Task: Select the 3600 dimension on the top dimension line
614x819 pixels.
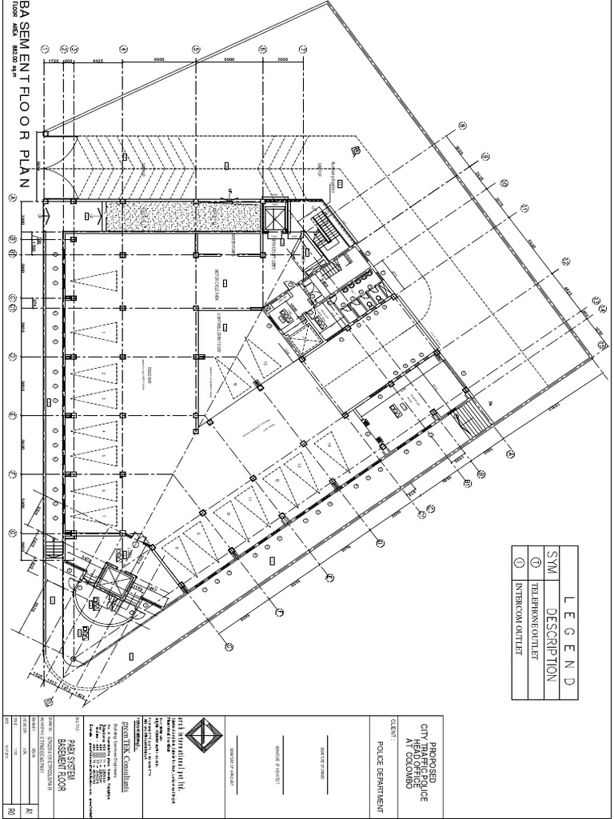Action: (x=282, y=59)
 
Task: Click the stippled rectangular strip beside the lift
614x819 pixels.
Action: (x=183, y=217)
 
